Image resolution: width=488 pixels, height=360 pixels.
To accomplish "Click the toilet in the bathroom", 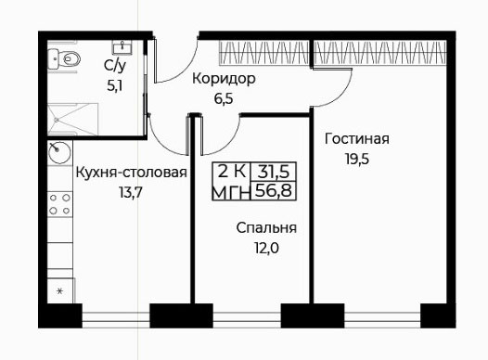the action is click(64, 58).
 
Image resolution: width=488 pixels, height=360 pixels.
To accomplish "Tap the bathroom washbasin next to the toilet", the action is click(122, 46).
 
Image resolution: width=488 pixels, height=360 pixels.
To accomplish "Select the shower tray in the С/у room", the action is click(72, 119).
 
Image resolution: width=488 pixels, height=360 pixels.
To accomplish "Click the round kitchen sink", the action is click(59, 152).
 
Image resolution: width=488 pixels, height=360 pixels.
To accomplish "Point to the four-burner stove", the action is click(59, 204).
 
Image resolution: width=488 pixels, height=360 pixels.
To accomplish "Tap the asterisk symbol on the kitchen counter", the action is click(59, 291).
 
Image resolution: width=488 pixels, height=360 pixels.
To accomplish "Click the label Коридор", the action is click(224, 80).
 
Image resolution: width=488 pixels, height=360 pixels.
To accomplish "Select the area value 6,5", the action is click(224, 99).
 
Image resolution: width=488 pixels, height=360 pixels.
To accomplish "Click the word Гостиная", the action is click(356, 139).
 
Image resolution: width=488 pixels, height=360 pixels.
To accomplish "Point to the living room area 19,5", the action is click(357, 159).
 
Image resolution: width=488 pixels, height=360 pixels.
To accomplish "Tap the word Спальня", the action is click(266, 228).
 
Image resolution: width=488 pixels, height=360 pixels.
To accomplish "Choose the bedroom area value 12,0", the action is click(266, 249).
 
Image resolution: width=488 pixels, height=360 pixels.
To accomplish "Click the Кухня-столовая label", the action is click(132, 173).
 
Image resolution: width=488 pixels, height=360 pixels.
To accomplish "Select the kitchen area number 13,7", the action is click(131, 193).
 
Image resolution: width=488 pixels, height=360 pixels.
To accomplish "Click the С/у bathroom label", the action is click(115, 66).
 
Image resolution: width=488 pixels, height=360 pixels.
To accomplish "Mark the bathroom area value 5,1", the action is click(114, 85).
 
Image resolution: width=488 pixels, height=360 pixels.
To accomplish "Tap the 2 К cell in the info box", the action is click(232, 171).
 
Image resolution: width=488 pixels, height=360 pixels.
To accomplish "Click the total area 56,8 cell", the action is click(274, 190).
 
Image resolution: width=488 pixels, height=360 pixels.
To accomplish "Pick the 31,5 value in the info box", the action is click(274, 172).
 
